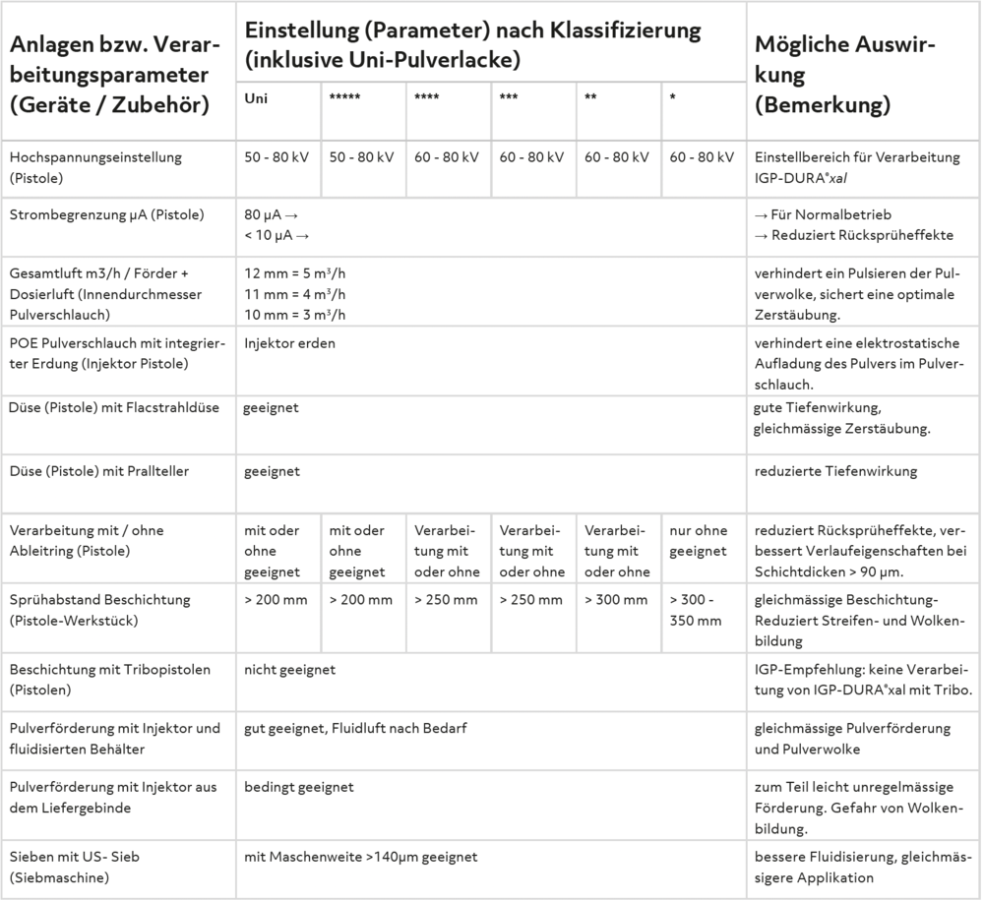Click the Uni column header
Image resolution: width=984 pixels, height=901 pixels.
[x=256, y=98]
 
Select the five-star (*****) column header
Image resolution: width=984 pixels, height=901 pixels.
[x=344, y=99]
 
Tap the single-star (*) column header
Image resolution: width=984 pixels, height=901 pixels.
[x=673, y=99]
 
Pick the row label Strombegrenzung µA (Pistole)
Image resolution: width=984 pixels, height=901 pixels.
[x=106, y=215]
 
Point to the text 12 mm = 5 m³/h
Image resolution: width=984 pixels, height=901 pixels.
[x=295, y=274]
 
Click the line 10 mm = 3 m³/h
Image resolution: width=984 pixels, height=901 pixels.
[x=295, y=314]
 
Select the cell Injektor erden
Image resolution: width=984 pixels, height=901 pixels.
[x=289, y=343]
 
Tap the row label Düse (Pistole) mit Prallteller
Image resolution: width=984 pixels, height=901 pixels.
[x=98, y=471]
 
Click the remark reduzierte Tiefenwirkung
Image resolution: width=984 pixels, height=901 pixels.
[x=835, y=471]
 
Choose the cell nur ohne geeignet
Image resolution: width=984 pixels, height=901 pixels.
[x=698, y=541]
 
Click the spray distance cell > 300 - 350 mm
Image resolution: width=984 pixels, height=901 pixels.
[x=695, y=610]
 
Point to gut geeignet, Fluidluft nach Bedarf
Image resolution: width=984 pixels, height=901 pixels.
[x=354, y=729]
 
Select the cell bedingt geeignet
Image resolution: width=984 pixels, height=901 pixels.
[x=299, y=787]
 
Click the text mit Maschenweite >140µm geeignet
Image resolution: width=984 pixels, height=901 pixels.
[x=360, y=857]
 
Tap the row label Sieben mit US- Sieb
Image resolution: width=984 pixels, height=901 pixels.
[x=75, y=857]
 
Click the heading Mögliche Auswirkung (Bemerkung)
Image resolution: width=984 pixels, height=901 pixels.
[x=844, y=75]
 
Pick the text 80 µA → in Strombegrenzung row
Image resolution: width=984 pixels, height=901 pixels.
[x=271, y=215]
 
